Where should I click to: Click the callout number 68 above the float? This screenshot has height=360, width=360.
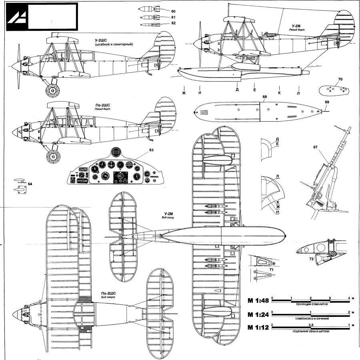[x=265, y=96]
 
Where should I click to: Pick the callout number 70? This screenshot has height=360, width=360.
[x=340, y=80]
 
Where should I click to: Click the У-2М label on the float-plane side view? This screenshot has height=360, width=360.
[x=296, y=26]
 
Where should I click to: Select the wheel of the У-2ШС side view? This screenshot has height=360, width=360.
[x=52, y=90]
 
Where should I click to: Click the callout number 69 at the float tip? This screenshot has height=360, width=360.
[x=327, y=103]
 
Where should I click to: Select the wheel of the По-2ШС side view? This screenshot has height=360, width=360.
[x=52, y=155]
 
